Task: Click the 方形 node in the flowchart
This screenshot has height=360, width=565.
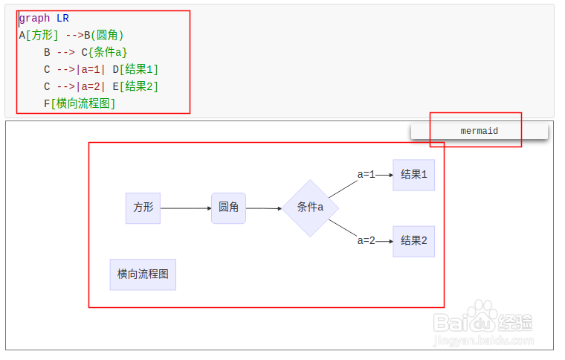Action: [143, 208]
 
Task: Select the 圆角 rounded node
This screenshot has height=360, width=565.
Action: [228, 208]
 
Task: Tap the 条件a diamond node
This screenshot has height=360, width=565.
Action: [310, 208]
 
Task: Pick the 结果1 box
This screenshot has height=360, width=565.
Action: [413, 175]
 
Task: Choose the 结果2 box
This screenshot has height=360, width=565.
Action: [413, 241]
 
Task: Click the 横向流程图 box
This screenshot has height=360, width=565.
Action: [143, 274]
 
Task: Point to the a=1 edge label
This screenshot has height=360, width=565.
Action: [366, 175]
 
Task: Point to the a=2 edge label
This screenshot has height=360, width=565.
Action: [366, 240]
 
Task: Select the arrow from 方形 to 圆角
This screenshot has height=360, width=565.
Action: [186, 208]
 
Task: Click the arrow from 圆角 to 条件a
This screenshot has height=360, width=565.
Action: [264, 208]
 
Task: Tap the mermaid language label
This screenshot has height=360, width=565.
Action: [479, 131]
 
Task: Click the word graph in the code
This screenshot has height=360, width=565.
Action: [34, 18]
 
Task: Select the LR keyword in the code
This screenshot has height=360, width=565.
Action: [62, 18]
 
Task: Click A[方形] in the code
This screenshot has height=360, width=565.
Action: [38, 35]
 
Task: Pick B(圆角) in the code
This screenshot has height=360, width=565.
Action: [103, 35]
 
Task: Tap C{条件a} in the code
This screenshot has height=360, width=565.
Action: [104, 52]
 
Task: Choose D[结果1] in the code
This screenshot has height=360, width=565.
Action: [135, 69]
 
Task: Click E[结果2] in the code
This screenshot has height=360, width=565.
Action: [135, 86]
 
